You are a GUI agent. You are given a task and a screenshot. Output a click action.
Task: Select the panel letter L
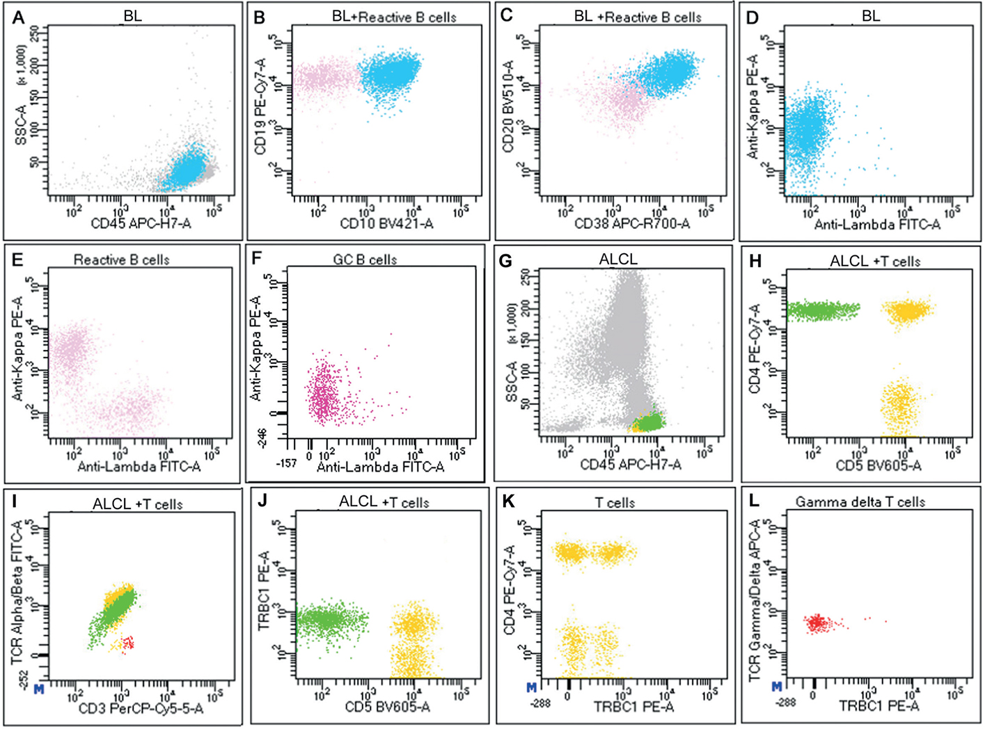753,502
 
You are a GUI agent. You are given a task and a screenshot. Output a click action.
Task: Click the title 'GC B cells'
365,259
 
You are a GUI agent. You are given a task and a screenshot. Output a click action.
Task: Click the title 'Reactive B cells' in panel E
122,259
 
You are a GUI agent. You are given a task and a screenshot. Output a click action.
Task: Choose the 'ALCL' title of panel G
618,259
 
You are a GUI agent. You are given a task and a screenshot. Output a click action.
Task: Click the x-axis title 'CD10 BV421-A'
386,223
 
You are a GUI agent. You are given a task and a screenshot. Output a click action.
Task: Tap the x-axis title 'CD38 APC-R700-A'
632,223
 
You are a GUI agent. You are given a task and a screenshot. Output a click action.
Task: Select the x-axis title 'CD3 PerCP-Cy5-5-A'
141,708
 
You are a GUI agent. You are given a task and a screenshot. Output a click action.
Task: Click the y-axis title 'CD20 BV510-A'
508,106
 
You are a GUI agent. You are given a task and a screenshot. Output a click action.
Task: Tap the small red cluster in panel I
127,643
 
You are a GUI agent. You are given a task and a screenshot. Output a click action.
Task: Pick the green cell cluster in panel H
821,310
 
